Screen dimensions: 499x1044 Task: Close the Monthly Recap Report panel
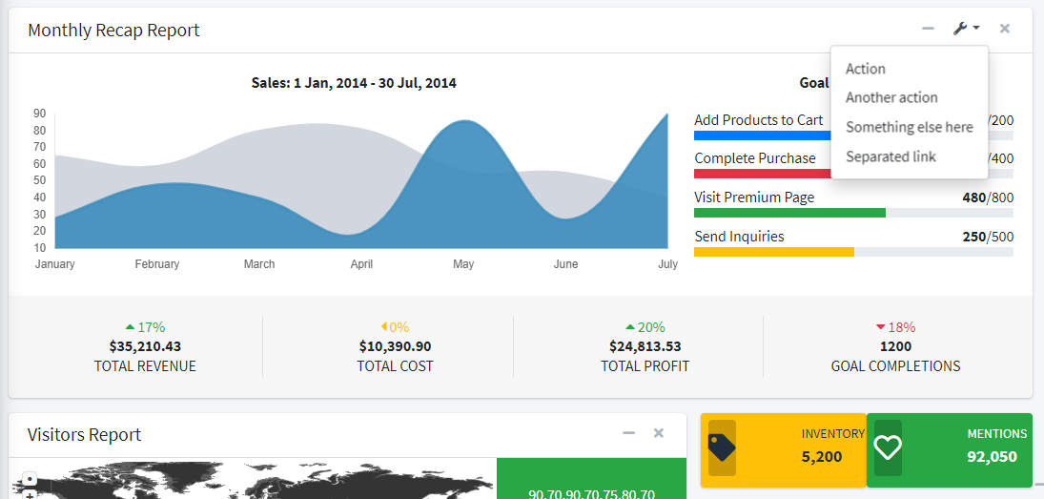tap(1005, 29)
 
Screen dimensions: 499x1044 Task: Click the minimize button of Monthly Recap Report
tap(928, 29)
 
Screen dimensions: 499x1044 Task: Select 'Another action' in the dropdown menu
tap(891, 97)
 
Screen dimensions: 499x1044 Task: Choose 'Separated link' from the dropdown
tap(890, 156)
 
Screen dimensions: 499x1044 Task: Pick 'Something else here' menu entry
tap(909, 127)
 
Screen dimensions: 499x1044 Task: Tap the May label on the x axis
tap(463, 264)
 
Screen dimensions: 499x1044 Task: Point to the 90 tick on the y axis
tap(40, 113)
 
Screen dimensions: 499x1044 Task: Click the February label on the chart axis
tap(157, 264)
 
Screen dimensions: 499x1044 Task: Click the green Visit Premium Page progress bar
tap(789, 213)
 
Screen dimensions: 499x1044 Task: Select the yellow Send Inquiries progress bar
tap(773, 252)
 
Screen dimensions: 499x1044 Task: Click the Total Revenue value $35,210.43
tap(145, 346)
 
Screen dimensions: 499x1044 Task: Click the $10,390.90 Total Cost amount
tap(395, 346)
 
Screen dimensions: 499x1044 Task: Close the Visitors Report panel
tap(659, 433)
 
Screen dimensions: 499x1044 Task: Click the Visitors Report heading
tap(85, 435)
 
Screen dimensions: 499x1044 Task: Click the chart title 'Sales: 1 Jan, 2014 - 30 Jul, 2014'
tap(354, 83)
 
